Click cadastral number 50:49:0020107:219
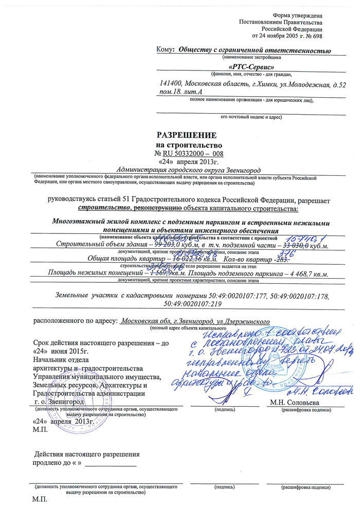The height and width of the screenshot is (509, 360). (x=191, y=304)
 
